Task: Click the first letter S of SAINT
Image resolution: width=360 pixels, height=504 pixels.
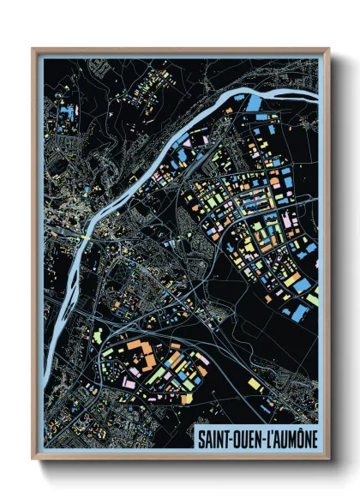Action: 201,437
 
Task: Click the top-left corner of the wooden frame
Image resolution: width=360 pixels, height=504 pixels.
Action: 33,50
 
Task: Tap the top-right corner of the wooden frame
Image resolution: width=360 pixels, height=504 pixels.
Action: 327,50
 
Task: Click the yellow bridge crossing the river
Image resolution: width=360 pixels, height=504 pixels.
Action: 87,232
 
